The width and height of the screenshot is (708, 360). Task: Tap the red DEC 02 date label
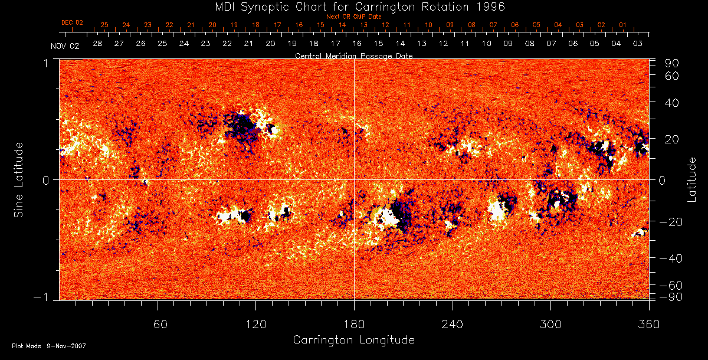[x=72, y=22]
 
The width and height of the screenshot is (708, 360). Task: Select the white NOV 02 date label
[x=64, y=46]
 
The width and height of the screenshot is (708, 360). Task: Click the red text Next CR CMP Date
[x=354, y=17]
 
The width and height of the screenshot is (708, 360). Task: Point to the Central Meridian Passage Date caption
[x=353, y=55]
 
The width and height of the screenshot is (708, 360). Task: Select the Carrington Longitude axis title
[x=353, y=340]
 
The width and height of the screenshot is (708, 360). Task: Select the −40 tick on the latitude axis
[x=672, y=258]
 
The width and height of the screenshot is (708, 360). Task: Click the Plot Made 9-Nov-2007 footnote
[x=49, y=346]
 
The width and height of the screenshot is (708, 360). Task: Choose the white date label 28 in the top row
[x=97, y=44]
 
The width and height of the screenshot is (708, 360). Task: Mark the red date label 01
[x=622, y=25]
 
